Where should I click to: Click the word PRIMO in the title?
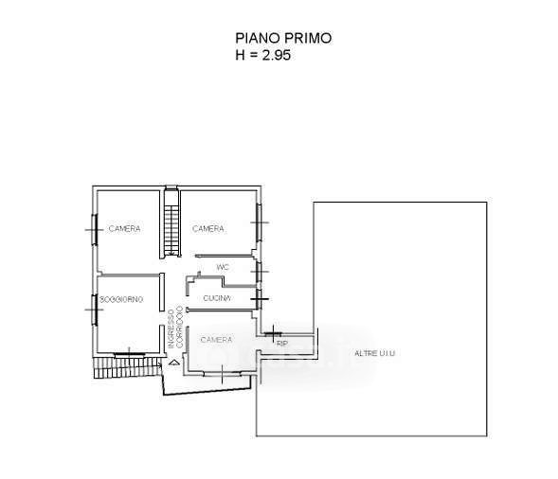[x=306, y=38]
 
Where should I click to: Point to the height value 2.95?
[x=276, y=55]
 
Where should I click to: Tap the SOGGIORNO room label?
[x=121, y=299]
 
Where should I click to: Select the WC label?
[x=223, y=267]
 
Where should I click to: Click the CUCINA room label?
[x=217, y=298]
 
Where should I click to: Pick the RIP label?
[x=282, y=344]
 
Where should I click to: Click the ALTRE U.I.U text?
[x=375, y=353]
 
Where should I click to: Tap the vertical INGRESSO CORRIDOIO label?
[x=175, y=328]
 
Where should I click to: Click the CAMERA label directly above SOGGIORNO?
[x=124, y=229]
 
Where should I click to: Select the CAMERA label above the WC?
[x=208, y=229]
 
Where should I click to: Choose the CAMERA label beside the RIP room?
[x=216, y=340]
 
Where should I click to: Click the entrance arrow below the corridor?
[x=174, y=363]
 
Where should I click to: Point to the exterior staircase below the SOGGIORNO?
[x=127, y=367]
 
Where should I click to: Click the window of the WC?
[x=260, y=272]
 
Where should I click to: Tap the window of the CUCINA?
[x=260, y=299]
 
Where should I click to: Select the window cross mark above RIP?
[x=273, y=333]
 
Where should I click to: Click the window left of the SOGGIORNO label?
[x=95, y=310]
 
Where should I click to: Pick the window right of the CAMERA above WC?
[x=259, y=222]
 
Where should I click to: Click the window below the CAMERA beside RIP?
[x=222, y=373]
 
